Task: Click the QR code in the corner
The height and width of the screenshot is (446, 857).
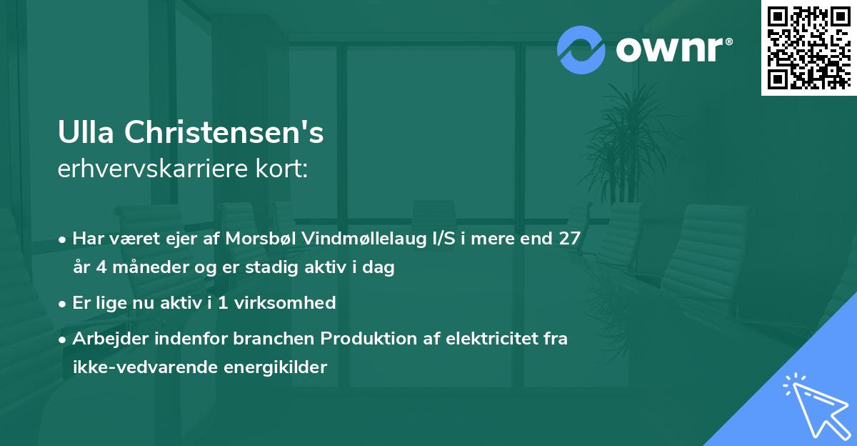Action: coord(808,47)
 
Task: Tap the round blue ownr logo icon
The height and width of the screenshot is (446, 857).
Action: coord(581,50)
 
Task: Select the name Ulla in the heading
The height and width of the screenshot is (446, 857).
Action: coord(86,132)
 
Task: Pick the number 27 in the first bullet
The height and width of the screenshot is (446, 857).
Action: coord(570,239)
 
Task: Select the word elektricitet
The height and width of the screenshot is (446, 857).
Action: coord(487,339)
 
